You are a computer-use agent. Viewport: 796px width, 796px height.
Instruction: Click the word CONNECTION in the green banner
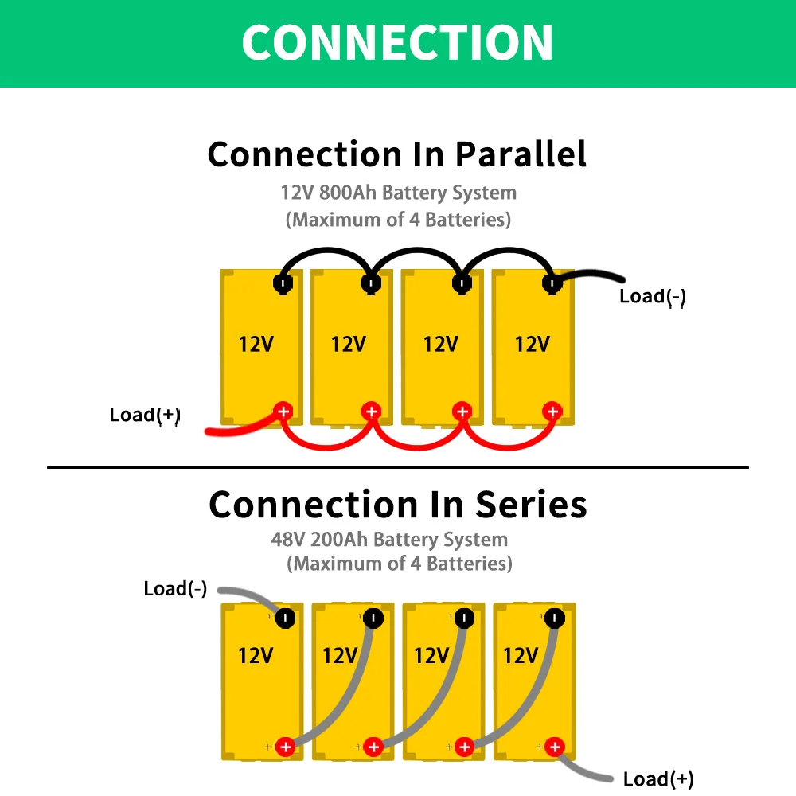pos(397,43)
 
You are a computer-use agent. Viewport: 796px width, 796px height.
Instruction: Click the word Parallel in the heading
pos(521,154)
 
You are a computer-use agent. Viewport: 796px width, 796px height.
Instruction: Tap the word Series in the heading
pos(531,505)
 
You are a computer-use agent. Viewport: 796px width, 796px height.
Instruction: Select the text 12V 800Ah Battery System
pos(399,193)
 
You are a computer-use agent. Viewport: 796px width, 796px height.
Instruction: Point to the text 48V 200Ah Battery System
pos(389,539)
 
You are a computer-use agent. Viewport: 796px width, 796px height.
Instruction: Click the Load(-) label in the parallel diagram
pos(653,296)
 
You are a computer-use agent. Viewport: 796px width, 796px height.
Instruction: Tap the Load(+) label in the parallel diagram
pos(145,415)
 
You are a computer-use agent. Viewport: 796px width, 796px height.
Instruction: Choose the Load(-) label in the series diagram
pos(175,589)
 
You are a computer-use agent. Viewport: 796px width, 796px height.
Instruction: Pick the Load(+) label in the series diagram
pos(658,778)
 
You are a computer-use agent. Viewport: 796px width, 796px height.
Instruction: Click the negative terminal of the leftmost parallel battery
pos(283,283)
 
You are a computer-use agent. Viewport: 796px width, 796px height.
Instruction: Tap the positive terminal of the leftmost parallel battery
pos(283,412)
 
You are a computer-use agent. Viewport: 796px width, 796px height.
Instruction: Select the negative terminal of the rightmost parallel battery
pos(552,283)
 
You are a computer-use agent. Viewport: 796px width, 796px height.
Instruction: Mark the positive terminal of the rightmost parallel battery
pos(552,412)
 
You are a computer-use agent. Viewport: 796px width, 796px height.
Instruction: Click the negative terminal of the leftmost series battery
pos(285,618)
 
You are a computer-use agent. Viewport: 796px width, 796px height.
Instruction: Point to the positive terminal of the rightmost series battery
pos(554,747)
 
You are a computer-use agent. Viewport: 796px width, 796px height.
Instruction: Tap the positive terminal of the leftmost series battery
pos(285,747)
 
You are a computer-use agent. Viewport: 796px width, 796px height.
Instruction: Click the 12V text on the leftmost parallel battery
pos(256,344)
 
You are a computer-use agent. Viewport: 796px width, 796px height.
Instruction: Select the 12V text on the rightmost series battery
pos(521,655)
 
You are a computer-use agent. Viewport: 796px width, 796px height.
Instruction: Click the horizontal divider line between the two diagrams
pos(397,467)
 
